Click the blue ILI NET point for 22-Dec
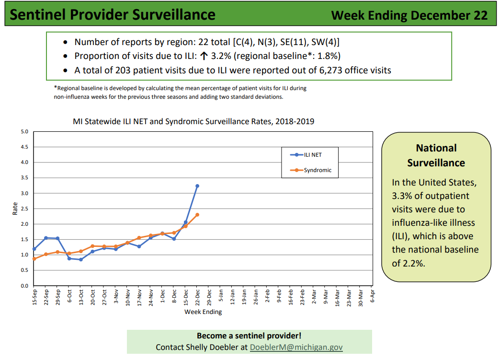[197, 186]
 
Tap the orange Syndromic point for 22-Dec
[197, 215]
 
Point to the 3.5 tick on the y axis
[24, 178]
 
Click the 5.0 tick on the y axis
[24, 131]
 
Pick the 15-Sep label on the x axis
[34, 298]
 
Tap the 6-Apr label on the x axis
[373, 296]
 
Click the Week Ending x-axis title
[203, 312]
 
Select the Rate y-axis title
[15, 209]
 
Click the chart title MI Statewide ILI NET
[193, 121]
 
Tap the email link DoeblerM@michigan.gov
[296, 347]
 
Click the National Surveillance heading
[436, 155]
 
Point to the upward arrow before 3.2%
[204, 56]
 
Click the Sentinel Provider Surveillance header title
[113, 15]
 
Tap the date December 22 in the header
[449, 15]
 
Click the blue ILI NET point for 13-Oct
[81, 259]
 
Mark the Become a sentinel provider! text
[249, 336]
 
